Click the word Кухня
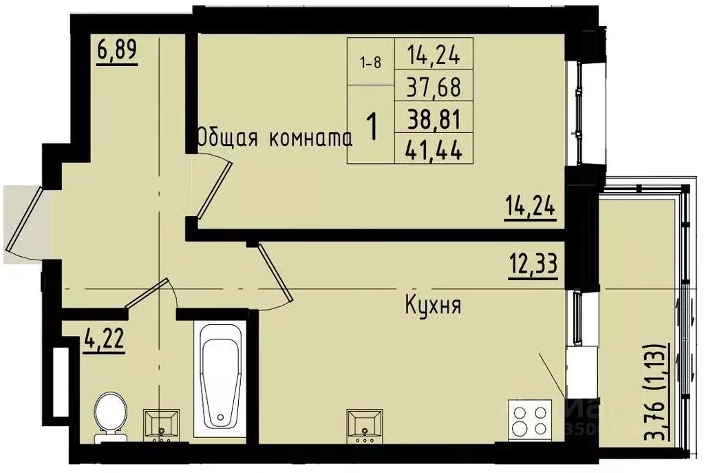pyautogui.click(x=432, y=305)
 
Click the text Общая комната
pyautogui.click(x=275, y=138)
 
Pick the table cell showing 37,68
pyautogui.click(x=433, y=87)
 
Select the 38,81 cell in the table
pyautogui.click(x=433, y=118)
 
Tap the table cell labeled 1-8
pyautogui.click(x=370, y=62)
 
